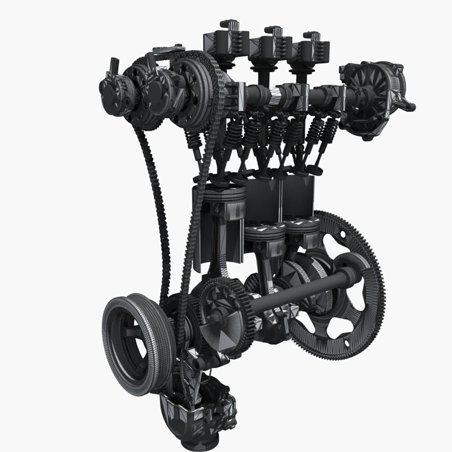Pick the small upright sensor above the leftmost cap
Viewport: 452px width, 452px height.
pos(114,65)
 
